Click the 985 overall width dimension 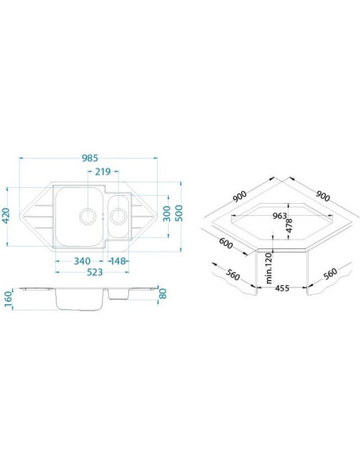pyautogui.click(x=89, y=158)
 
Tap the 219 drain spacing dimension pyautogui.click(x=103, y=171)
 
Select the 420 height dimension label pyautogui.click(x=6, y=217)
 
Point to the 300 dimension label pyautogui.click(x=167, y=213)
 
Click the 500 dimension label pyautogui.click(x=179, y=213)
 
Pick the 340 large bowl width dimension pyautogui.click(x=82, y=261)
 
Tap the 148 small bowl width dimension pyautogui.click(x=118, y=261)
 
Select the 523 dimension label pyautogui.click(x=95, y=272)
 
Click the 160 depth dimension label pyautogui.click(x=8, y=298)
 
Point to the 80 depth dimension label pyautogui.click(x=162, y=294)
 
